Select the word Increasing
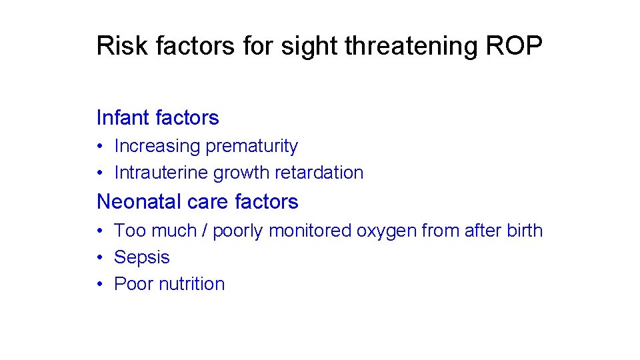click(x=157, y=146)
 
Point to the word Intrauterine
click(x=161, y=173)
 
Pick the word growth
click(x=241, y=173)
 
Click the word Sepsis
click(x=142, y=257)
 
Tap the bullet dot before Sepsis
click(x=99, y=258)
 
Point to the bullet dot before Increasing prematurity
click(x=99, y=147)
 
